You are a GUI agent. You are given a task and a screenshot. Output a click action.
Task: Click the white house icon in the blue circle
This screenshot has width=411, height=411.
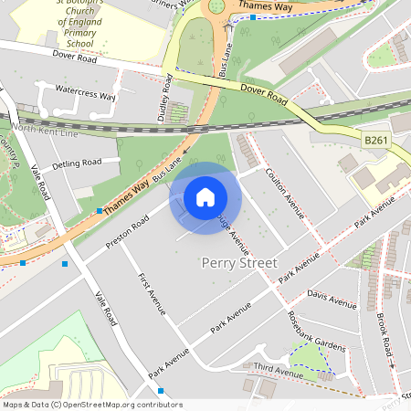pos(205,197)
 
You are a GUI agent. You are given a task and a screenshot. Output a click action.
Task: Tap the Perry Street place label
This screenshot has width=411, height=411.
pos(237,263)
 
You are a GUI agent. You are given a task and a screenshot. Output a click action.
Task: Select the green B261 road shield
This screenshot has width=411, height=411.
pos(375,140)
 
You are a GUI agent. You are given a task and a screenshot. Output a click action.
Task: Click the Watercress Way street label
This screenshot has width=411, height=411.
pos(86,94)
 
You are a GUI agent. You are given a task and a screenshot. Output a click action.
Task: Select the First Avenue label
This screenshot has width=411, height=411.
pos(151,293)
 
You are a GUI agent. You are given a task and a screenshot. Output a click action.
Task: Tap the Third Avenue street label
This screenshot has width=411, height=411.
pos(279,373)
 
